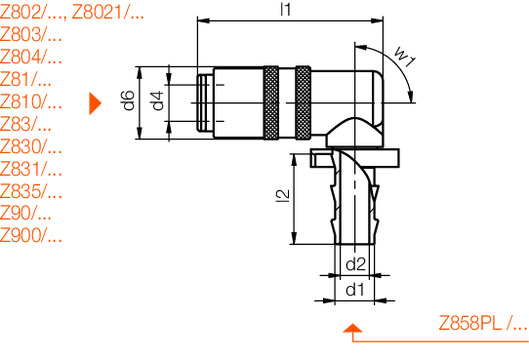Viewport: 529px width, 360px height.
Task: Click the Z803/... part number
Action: click(31, 34)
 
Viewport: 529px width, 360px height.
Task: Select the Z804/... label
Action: click(31, 57)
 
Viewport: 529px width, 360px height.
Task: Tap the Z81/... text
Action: click(26, 79)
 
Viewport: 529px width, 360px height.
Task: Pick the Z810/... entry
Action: click(31, 102)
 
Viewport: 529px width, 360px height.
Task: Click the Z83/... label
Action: click(26, 124)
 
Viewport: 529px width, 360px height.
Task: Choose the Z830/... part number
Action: click(31, 147)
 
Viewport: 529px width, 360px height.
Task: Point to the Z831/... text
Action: click(31, 169)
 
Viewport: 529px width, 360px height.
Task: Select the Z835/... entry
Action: click(31, 192)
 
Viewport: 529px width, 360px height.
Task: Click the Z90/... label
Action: click(26, 214)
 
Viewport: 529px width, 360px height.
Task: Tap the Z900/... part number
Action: click(31, 237)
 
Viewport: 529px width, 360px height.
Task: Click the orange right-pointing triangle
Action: click(96, 102)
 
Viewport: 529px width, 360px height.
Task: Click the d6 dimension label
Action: click(127, 101)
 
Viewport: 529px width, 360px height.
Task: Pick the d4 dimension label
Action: click(156, 101)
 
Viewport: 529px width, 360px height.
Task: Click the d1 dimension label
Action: click(354, 290)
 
